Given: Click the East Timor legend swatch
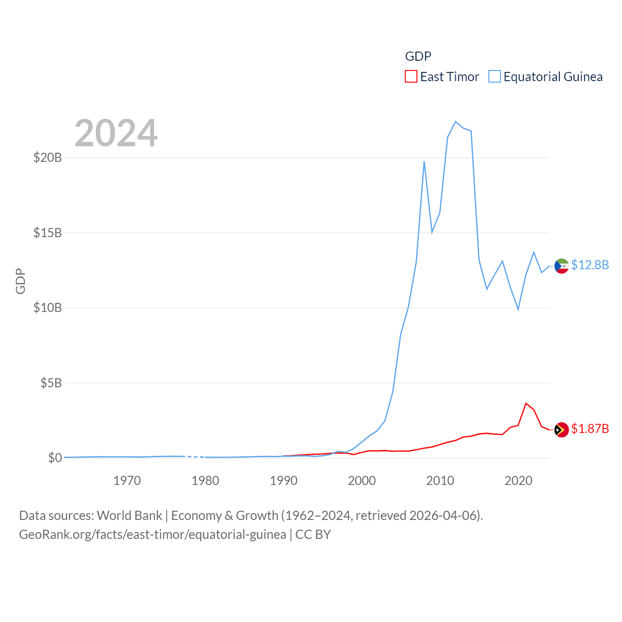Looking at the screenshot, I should [411, 77].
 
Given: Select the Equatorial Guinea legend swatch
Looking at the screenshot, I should [495, 77].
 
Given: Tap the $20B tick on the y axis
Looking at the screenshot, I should [48, 157].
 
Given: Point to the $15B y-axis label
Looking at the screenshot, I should [48, 233].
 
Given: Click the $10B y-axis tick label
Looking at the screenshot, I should [48, 308].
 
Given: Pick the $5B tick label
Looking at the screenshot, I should [51, 383].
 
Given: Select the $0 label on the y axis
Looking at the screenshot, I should [55, 458].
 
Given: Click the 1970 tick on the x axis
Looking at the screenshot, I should [127, 481].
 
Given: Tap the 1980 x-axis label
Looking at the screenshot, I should [205, 481].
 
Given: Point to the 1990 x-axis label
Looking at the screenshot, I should [283, 481].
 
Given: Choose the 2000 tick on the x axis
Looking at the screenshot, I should [362, 481].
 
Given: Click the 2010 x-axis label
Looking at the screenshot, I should [440, 481].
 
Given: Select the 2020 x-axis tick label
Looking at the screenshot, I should [518, 481].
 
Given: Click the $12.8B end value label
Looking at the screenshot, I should [590, 265].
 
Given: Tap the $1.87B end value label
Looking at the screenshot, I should [590, 429].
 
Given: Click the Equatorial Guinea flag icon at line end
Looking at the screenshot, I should [562, 266].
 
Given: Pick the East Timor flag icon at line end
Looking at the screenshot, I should [562, 430].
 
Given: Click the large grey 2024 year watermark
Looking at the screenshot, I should [116, 133].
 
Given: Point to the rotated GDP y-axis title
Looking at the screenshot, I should [20, 281].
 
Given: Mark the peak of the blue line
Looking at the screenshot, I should [455, 121].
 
